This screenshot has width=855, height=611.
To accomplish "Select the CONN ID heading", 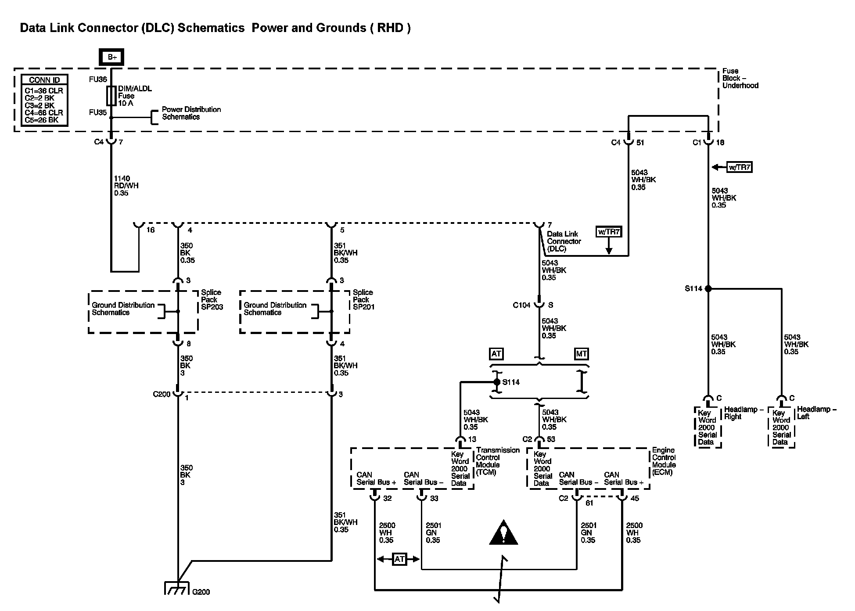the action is coord(44,80).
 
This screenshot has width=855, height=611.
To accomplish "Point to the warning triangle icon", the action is coord(503,532).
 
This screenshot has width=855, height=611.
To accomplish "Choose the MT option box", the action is coord(581,354).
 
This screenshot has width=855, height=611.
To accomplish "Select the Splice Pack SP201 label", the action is coord(364,300).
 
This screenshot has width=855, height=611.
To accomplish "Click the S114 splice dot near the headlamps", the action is coord(708,288).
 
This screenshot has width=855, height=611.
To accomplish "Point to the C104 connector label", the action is coord(521,305).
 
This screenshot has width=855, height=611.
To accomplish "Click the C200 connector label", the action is coord(162,394).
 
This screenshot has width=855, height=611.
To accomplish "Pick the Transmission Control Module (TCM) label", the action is coord(498,461).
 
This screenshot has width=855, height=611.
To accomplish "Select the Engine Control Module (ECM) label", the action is coord(664,461).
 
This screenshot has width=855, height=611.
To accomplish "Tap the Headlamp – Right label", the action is coord(744,413).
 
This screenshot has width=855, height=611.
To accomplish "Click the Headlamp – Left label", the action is coord(817,413).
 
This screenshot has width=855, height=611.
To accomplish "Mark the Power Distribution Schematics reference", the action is coord(191,113).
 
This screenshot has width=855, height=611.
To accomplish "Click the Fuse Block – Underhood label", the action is coord(740,78).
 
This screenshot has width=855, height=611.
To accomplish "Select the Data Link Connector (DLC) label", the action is coord(564,241).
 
